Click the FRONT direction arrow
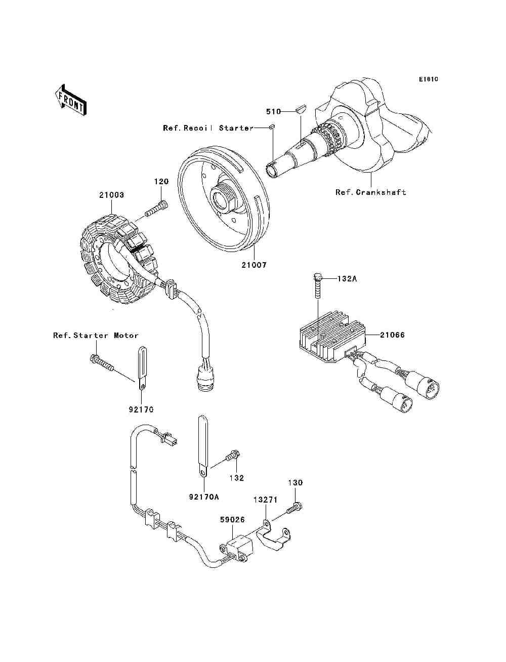[x=71, y=100]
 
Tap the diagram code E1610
[x=428, y=79]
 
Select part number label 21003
[x=111, y=195]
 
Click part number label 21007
[x=254, y=265]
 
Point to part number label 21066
[x=392, y=335]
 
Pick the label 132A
[x=347, y=279]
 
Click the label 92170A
[x=204, y=497]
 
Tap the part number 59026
[x=232, y=520]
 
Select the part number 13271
[x=265, y=500]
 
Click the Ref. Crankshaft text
[x=371, y=192]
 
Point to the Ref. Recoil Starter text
[x=208, y=128]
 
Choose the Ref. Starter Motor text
[x=96, y=336]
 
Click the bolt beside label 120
[x=156, y=209]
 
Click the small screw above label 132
[x=233, y=463]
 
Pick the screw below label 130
[x=294, y=509]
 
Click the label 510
[x=273, y=111]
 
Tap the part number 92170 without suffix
[x=141, y=409]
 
